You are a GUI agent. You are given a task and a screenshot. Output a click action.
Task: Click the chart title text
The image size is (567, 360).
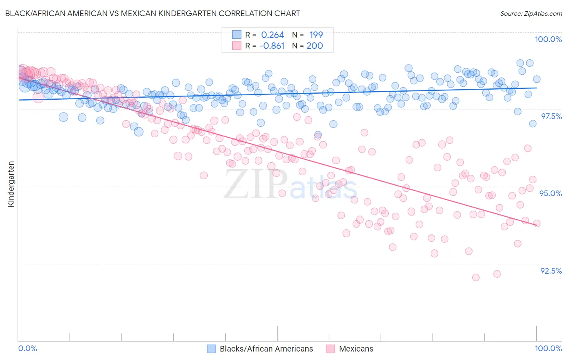[153, 13]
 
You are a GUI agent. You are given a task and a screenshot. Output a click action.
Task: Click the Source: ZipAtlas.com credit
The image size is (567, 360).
[531, 14]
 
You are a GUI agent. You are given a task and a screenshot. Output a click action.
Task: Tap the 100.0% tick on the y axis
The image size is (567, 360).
[548, 39]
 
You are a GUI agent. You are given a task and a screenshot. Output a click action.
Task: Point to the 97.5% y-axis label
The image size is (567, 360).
[551, 116]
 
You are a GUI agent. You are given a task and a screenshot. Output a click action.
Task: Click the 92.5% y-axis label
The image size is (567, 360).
[551, 271]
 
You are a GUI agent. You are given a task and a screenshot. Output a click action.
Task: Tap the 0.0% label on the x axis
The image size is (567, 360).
[28, 348]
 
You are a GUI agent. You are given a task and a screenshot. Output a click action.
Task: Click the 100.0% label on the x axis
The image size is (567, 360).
[548, 348]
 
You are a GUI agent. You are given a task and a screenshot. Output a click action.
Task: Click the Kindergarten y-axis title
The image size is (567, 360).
[11, 184]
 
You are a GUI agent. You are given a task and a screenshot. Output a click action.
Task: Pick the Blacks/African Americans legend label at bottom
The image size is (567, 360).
[266, 349]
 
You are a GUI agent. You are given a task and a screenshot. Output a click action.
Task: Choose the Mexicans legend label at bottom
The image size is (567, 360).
[356, 349]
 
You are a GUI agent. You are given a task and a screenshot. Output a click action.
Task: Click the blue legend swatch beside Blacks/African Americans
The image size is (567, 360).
[212, 349]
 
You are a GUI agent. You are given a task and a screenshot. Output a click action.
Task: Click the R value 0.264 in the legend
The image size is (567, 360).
[273, 35]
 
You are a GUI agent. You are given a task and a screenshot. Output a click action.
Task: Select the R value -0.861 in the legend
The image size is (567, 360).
[272, 46]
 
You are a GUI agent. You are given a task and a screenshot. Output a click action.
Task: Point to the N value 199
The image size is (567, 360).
[316, 35]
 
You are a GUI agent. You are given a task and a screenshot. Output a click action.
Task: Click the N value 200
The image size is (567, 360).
[315, 46]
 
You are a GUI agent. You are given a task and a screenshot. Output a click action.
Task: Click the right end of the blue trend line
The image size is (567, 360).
[537, 88]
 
